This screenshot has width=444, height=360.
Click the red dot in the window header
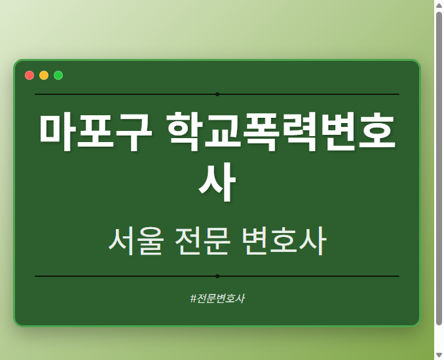pos(29,75)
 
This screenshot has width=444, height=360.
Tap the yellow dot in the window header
pos(44,75)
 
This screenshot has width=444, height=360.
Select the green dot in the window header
pos(58,75)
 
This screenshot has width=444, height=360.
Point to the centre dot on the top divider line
pos(217,94)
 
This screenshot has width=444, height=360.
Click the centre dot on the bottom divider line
pos(217,276)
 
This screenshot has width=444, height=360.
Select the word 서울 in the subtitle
pos(135,242)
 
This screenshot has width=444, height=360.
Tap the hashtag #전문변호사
pos(217,298)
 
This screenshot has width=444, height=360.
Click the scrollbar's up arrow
pos(439,5)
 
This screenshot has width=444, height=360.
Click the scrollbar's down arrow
pos(439,354)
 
